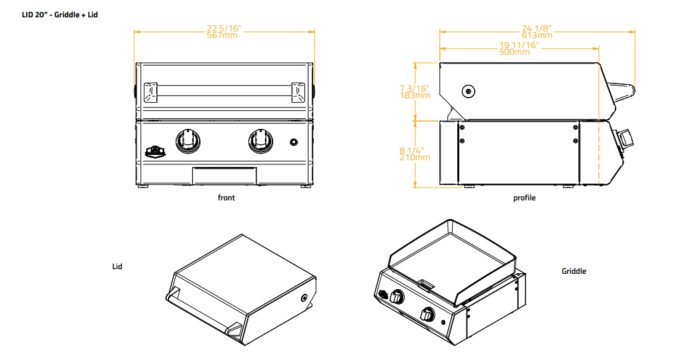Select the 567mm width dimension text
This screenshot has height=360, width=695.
pyautogui.click(x=224, y=36)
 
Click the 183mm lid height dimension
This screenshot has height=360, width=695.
pyautogui.click(x=414, y=96)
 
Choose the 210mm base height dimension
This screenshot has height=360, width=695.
pyautogui.click(x=414, y=158)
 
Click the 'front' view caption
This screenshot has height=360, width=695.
pyautogui.click(x=226, y=198)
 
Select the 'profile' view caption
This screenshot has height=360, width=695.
pyautogui.click(x=524, y=198)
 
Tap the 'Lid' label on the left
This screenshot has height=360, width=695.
pyautogui.click(x=117, y=266)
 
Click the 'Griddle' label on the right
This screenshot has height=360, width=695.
pyautogui.click(x=573, y=271)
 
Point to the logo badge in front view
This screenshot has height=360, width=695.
pyautogui.click(x=155, y=151)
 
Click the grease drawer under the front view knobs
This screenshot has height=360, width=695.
pyautogui.click(x=224, y=176)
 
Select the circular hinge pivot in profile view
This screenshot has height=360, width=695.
pyautogui.click(x=469, y=91)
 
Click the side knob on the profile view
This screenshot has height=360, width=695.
pyautogui.click(x=626, y=139)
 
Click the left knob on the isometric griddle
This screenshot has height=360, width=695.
pyautogui.click(x=398, y=298)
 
